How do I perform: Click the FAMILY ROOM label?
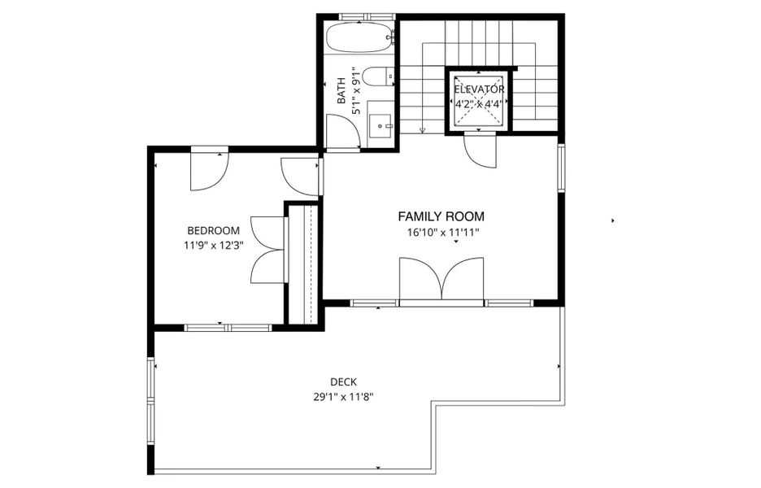[441, 216]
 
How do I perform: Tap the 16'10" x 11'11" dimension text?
[443, 233]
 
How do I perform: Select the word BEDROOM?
[213, 230]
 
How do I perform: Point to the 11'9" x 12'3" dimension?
[213, 244]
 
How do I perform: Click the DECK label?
[343, 381]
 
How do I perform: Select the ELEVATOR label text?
[479, 89]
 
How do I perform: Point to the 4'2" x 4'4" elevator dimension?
[479, 103]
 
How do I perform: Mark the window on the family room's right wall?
[560, 168]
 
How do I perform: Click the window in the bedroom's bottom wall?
[227, 328]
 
